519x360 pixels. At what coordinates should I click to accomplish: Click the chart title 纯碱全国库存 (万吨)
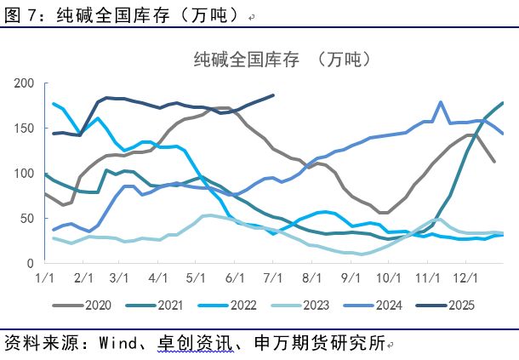click(x=282, y=60)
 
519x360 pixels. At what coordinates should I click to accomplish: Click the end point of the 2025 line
click(x=273, y=95)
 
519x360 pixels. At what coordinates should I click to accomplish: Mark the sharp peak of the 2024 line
click(x=441, y=102)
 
